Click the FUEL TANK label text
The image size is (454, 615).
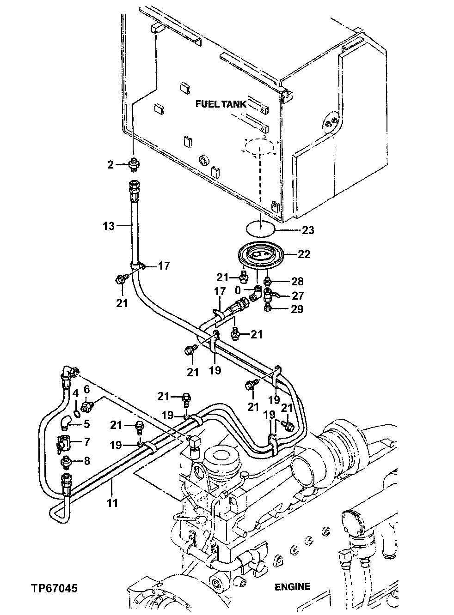(x=221, y=104)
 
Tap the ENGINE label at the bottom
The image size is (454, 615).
(x=292, y=587)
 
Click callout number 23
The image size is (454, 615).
(x=307, y=229)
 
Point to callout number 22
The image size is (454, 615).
(x=304, y=254)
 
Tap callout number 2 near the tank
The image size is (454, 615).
(x=110, y=164)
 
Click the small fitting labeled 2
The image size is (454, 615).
(x=134, y=163)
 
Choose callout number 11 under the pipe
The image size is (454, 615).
(x=112, y=502)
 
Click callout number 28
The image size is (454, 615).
(x=297, y=281)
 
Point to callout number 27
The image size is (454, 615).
(x=297, y=295)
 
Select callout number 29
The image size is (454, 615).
(x=297, y=309)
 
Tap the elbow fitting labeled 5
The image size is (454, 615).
(x=67, y=422)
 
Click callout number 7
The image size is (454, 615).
(x=86, y=442)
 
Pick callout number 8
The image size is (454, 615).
(x=86, y=460)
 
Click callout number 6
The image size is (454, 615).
(x=86, y=390)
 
